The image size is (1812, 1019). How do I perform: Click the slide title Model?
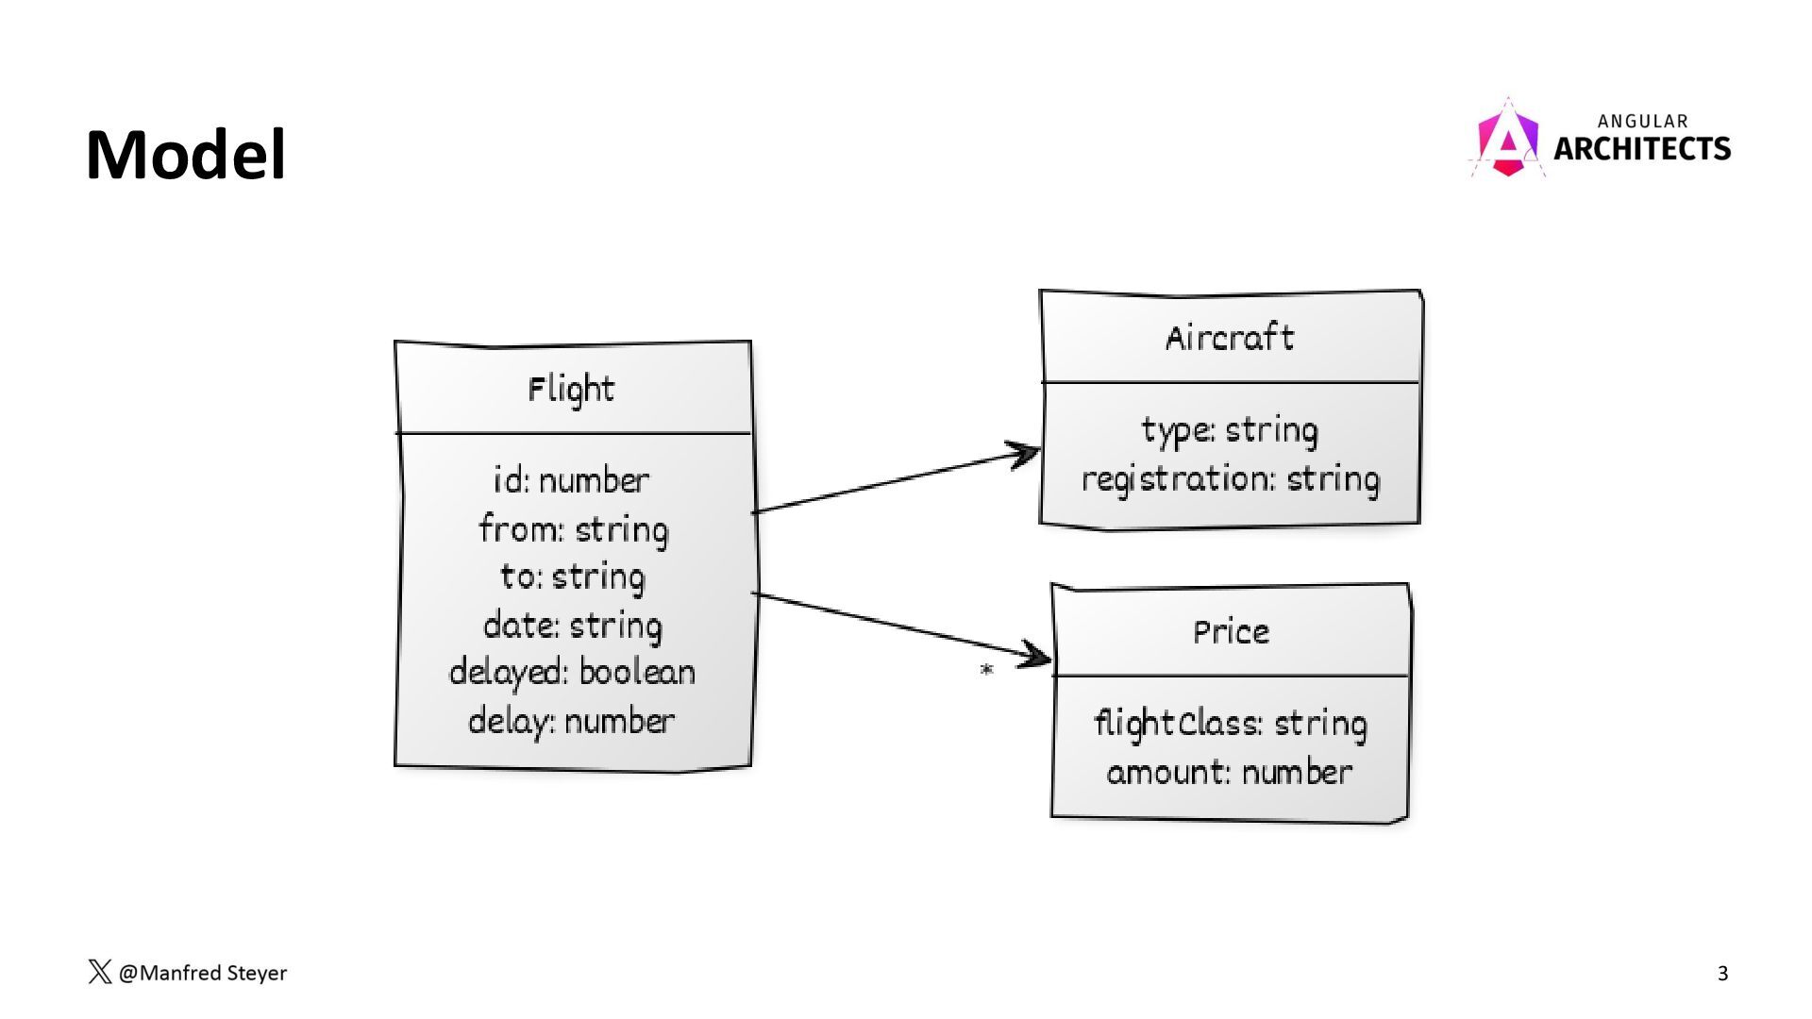coord(185,155)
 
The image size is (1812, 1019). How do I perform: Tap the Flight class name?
coord(571,389)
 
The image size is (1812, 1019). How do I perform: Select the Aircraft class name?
coord(1229,338)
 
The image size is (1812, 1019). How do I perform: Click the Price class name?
coord(1231,631)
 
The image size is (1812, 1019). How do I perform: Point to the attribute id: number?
coord(571,480)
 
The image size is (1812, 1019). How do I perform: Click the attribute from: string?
coord(573,529)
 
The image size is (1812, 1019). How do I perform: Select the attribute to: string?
coord(572,577)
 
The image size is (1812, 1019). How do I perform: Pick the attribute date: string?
coord(572,626)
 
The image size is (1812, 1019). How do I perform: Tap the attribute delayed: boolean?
coord(572,673)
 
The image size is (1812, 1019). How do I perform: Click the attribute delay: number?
coord(571,722)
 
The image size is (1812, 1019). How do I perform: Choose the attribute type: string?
coord(1229,430)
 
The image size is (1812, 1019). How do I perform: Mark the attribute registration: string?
coord(1230,479)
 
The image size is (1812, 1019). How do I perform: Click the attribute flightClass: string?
coord(1230,724)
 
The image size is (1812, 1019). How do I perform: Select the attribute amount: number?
coord(1229,773)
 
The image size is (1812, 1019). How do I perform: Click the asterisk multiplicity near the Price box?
coord(986,671)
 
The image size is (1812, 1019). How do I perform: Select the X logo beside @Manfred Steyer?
coord(99,973)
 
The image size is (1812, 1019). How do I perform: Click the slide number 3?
coord(1722,974)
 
